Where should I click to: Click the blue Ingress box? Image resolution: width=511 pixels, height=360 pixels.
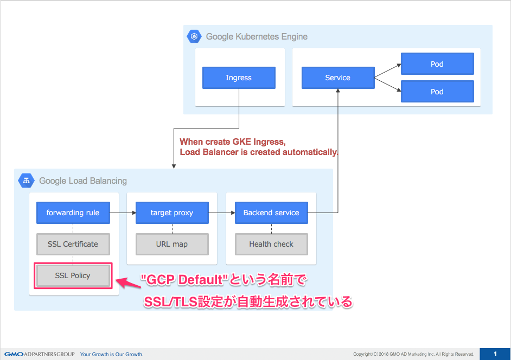click(239, 78)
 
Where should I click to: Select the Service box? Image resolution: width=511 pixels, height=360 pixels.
click(337, 78)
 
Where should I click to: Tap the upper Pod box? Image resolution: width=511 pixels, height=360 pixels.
click(437, 64)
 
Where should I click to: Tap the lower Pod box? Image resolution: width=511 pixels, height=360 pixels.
click(437, 92)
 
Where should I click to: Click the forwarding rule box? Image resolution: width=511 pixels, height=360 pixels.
click(73, 213)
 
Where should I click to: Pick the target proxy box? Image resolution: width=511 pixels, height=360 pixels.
click(172, 213)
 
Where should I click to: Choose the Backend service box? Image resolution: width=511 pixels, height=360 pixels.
click(271, 213)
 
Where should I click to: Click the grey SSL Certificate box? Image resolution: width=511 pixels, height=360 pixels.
click(73, 244)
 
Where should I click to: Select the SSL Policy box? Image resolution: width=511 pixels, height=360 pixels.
click(73, 275)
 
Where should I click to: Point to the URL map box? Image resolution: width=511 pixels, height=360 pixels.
click(172, 244)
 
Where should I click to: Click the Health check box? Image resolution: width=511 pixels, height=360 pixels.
click(271, 244)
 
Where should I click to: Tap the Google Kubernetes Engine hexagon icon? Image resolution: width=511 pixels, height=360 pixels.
click(194, 37)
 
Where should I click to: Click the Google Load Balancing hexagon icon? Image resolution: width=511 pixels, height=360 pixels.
click(26, 181)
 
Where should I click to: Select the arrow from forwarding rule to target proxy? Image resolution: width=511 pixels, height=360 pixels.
click(123, 213)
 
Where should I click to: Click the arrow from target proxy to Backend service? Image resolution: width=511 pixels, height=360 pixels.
click(222, 213)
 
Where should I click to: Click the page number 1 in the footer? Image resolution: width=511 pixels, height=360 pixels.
click(495, 354)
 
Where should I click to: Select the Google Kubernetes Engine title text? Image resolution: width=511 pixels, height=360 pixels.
click(257, 37)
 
